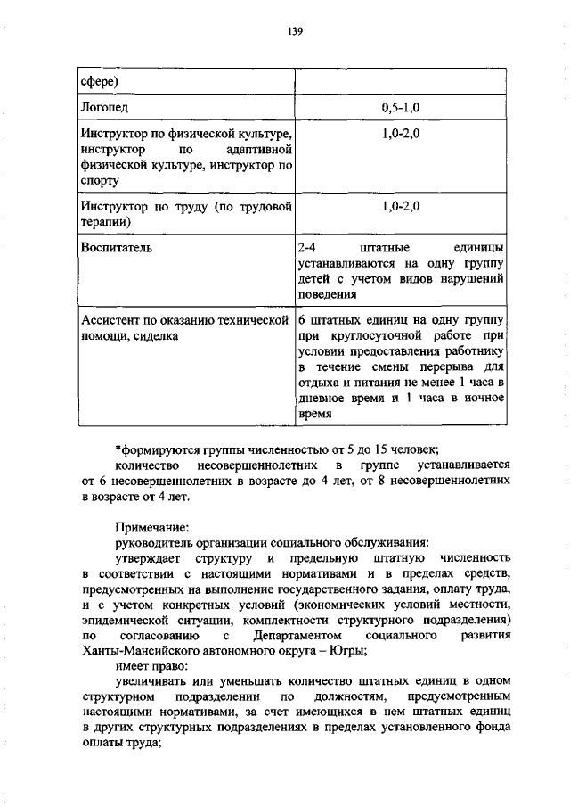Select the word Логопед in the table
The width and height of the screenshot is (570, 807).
point(103,107)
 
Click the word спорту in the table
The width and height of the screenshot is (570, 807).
point(99,181)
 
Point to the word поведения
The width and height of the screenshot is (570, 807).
point(327,296)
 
